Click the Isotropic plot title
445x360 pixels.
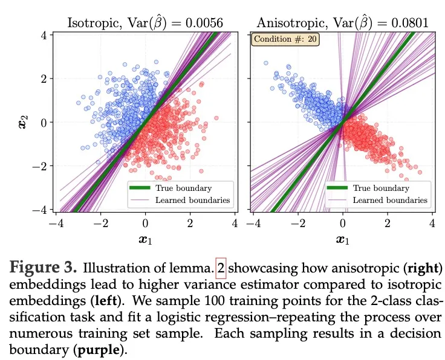[x=145, y=23]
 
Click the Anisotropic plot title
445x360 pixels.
[x=343, y=23]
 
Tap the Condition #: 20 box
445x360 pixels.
[x=285, y=40]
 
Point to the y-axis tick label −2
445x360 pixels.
[x=41, y=166]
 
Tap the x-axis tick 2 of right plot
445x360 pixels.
[x=388, y=223]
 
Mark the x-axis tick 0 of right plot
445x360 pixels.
[x=343, y=223]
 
